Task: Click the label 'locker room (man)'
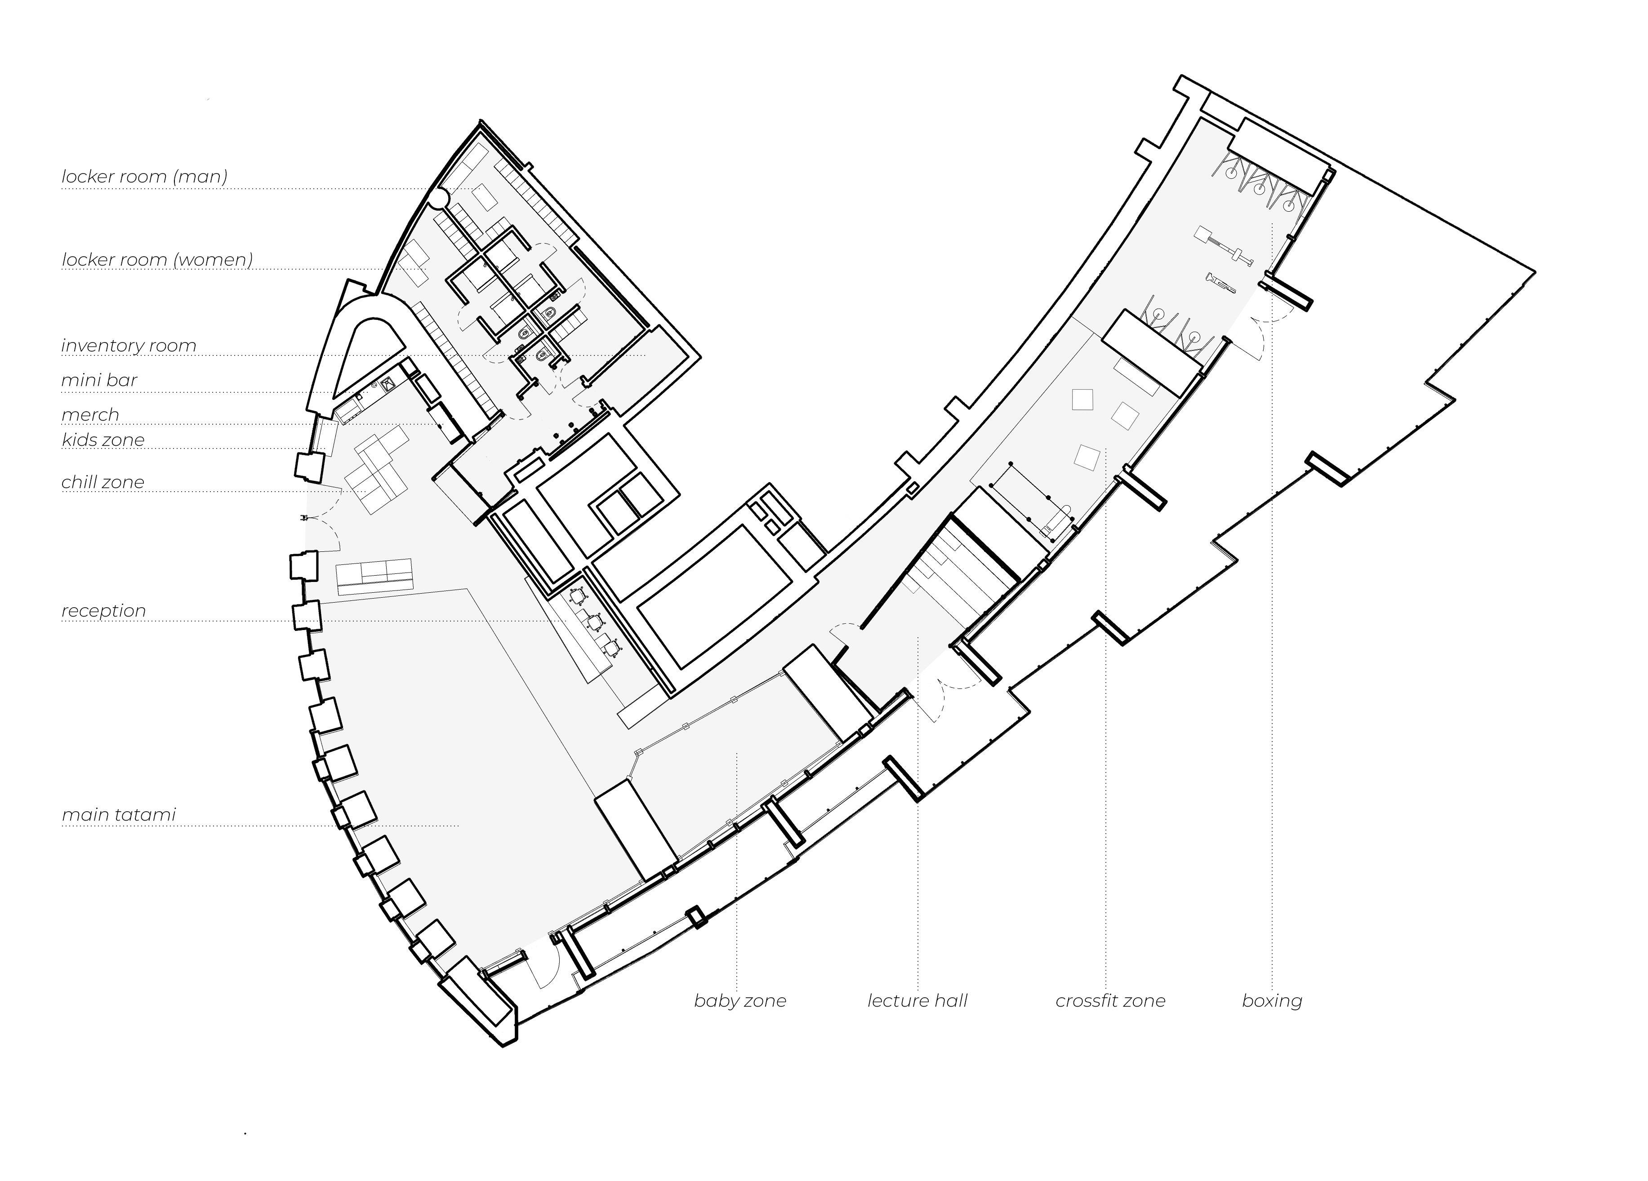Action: click(x=144, y=177)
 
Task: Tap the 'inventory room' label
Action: click(x=129, y=345)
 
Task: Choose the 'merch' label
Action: click(x=90, y=415)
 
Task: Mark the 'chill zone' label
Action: click(x=102, y=482)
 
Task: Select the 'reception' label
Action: click(x=103, y=611)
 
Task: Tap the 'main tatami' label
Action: click(x=118, y=815)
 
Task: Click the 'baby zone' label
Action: click(x=739, y=1001)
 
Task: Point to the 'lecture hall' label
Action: click(x=917, y=1001)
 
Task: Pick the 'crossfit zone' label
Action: click(x=1109, y=1001)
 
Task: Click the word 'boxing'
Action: click(x=1272, y=1001)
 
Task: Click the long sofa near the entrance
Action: click(x=374, y=574)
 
